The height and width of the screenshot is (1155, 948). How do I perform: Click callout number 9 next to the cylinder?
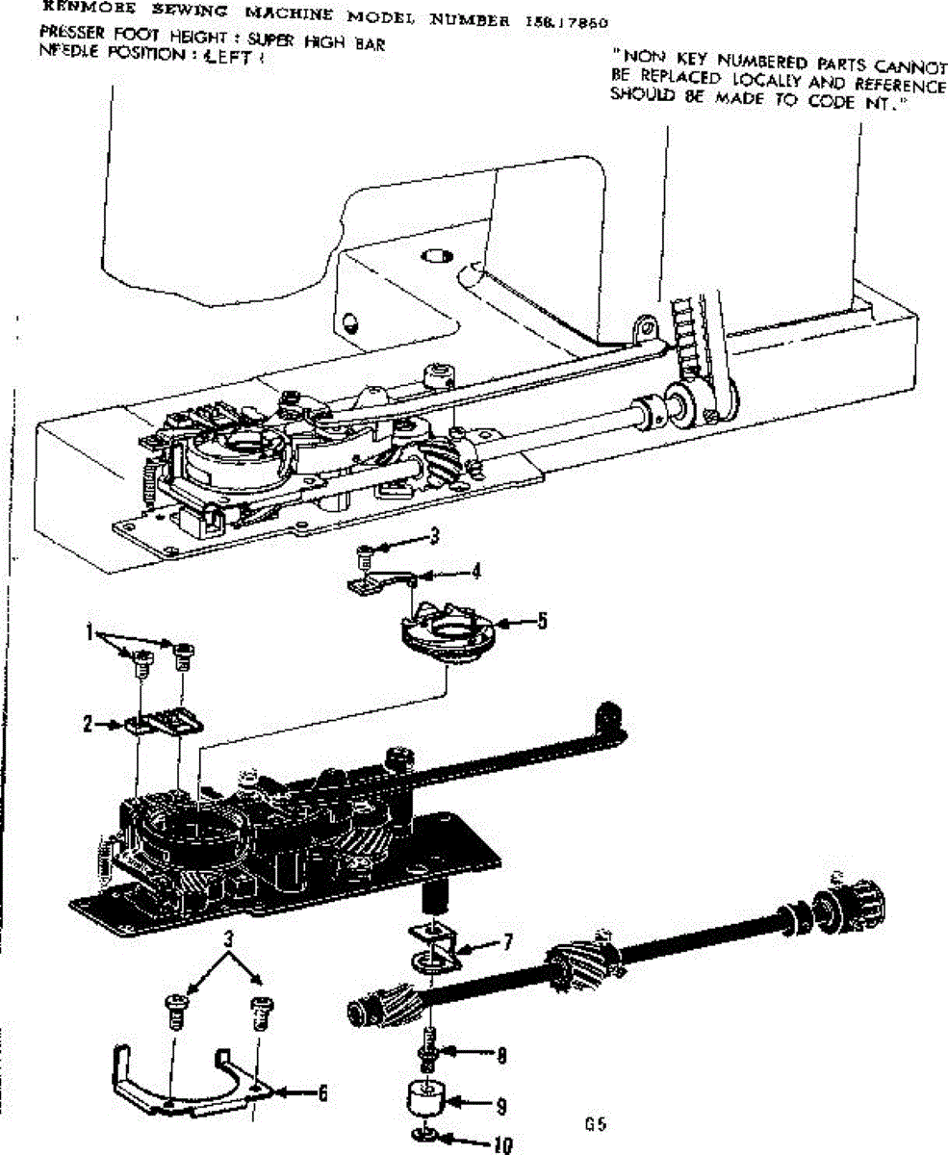click(500, 1107)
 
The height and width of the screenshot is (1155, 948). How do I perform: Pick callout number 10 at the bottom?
click(500, 1144)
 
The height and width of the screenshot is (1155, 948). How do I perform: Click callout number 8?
click(501, 1055)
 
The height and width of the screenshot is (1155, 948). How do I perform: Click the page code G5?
click(595, 1123)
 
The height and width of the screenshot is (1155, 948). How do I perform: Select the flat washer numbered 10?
click(423, 1135)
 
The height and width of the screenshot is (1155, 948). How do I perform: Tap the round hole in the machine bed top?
click(439, 257)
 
